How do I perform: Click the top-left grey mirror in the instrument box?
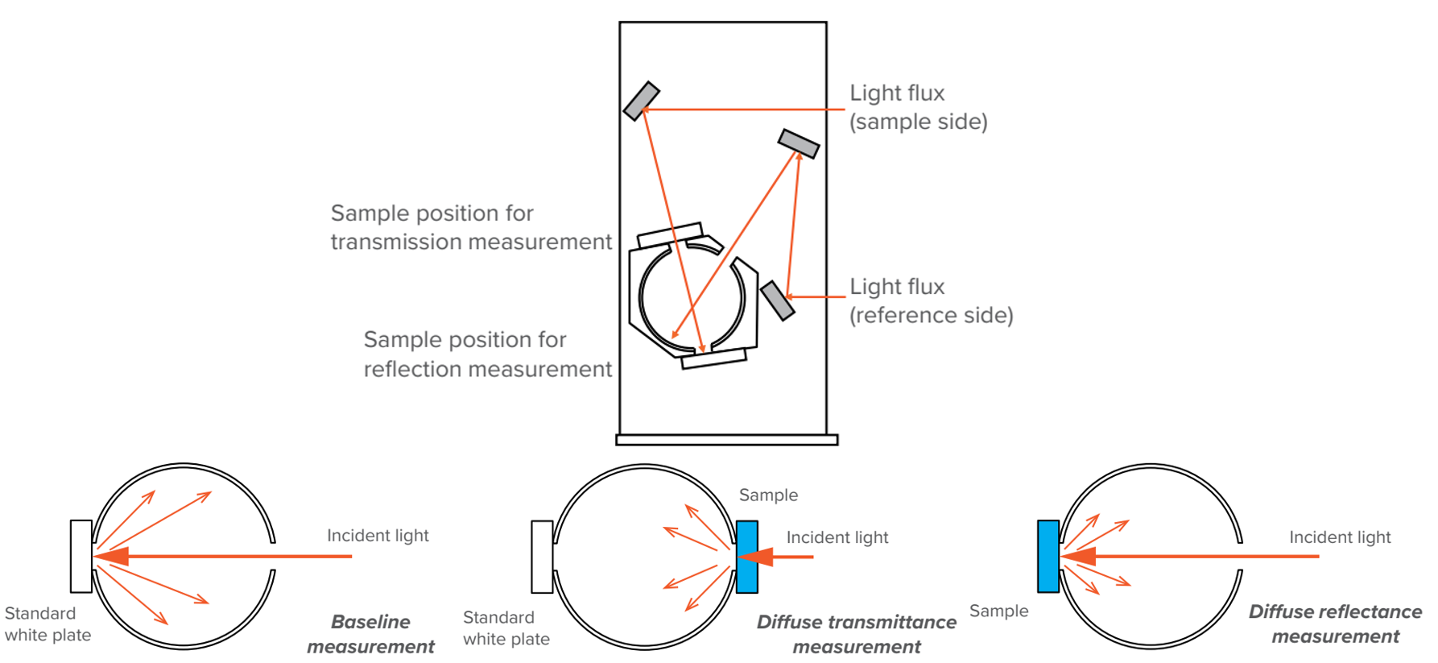coord(641,101)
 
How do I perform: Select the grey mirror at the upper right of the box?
coord(798,143)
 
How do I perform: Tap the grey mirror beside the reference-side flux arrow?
coord(777,300)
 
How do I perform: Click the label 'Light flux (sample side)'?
coord(918,107)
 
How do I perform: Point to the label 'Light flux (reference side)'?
coord(931,300)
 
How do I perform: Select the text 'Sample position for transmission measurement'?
coord(471,227)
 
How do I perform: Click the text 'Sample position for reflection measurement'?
coord(487,354)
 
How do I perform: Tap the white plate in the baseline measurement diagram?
coord(81,556)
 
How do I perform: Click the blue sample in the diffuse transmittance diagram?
coord(747,557)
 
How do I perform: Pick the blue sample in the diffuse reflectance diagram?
coord(1048,557)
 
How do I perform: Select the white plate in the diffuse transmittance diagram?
coord(542,557)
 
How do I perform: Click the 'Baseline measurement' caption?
coord(370,634)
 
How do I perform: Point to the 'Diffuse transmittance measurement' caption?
coord(856,634)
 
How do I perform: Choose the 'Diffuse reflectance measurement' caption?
coord(1335,624)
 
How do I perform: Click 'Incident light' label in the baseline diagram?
coord(378,536)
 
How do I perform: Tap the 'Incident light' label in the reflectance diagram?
coord(1340,537)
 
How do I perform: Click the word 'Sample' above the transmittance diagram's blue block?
coord(768,495)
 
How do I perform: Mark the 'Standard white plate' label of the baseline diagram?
coord(48,624)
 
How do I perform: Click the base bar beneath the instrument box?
coord(726,440)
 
